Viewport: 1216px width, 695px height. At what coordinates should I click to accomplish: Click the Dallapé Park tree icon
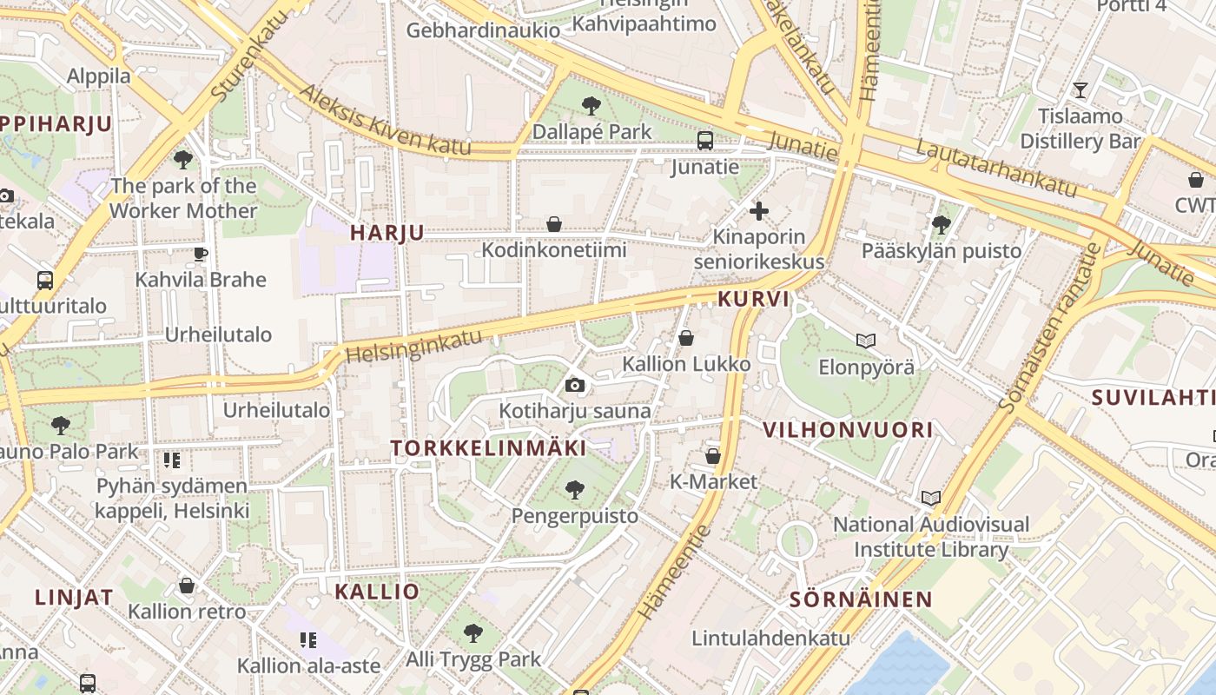coord(591,106)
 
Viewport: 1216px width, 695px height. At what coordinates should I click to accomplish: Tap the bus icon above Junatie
coord(705,140)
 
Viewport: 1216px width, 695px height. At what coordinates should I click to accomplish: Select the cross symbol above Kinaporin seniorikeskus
coord(759,210)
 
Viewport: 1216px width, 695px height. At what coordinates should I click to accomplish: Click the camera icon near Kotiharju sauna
coord(574,385)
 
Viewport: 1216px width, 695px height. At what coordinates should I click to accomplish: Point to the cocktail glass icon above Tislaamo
coord(1080,89)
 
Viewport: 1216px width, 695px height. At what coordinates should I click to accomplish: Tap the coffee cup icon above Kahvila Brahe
coord(200,254)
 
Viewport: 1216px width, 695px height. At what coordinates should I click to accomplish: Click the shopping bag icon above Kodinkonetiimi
coord(554,225)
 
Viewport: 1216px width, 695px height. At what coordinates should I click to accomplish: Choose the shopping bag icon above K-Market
coord(713,455)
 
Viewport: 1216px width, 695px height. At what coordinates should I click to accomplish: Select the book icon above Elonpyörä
coord(866,341)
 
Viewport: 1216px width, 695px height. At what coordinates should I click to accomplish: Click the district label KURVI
coord(754,300)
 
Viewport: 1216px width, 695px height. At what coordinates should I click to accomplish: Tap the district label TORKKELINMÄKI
coord(488,448)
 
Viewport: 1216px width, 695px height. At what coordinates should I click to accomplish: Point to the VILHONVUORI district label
coord(848,429)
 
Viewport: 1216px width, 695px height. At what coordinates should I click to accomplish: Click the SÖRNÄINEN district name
coord(861,599)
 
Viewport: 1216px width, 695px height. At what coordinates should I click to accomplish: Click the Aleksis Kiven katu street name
coord(385,121)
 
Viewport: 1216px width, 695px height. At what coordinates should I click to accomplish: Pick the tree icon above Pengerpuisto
coord(574,489)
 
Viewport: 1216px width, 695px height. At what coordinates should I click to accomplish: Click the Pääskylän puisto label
coord(942,251)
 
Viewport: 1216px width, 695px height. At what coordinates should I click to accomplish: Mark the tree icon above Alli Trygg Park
coord(473,632)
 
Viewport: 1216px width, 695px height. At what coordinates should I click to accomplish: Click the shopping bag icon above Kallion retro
coord(187,586)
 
